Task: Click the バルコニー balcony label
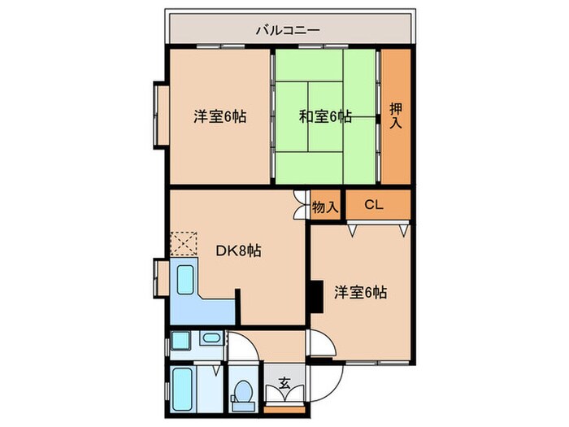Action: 289,31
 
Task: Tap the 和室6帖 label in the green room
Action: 325,116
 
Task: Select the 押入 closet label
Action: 397,116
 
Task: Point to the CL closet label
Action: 373,205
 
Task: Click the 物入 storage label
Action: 325,207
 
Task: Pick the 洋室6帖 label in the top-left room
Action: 219,116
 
